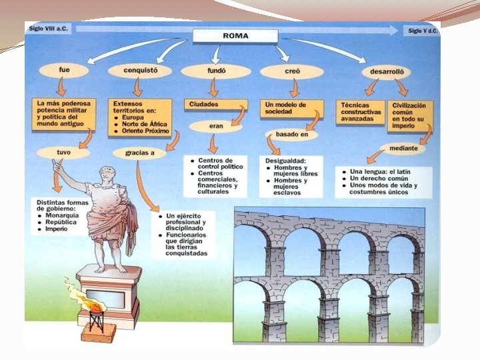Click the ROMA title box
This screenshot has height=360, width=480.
click(x=235, y=35)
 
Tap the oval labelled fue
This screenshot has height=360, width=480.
click(x=64, y=69)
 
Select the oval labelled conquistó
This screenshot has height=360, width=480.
click(x=139, y=70)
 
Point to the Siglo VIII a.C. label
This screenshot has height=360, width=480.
click(x=50, y=29)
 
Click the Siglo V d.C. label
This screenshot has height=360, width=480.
click(x=423, y=31)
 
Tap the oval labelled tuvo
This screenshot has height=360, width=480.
click(x=63, y=152)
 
